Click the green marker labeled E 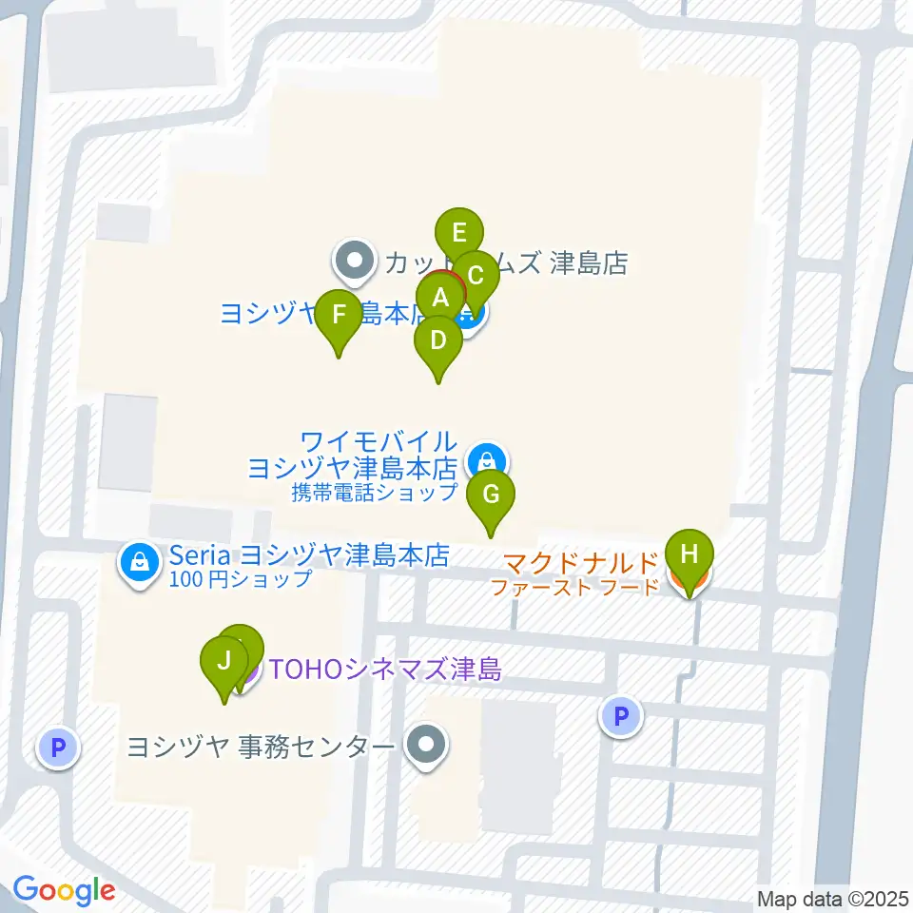[x=459, y=233]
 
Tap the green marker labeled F [x=338, y=313]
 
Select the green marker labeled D [x=437, y=340]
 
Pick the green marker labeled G [x=491, y=495]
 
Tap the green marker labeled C [x=476, y=276]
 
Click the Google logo [x=64, y=891]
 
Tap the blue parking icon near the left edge [x=57, y=748]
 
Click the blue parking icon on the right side [x=622, y=715]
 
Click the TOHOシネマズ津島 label [x=384, y=670]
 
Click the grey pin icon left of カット [x=355, y=261]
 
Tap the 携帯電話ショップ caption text [x=376, y=493]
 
